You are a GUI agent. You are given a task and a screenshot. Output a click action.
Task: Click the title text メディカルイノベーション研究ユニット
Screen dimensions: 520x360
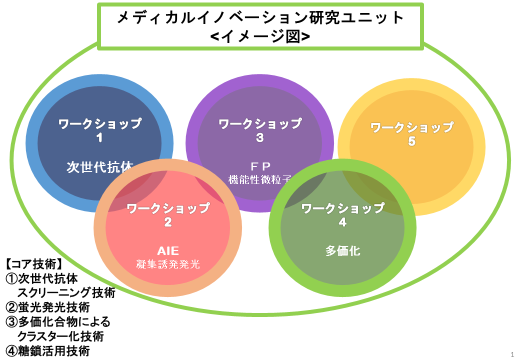click(x=260, y=17)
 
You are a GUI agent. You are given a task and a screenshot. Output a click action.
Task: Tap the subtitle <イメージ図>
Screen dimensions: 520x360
click(x=260, y=36)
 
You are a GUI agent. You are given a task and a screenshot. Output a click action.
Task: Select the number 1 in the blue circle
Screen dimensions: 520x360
click(x=99, y=137)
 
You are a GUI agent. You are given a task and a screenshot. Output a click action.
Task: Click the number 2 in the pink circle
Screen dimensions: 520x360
click(x=168, y=222)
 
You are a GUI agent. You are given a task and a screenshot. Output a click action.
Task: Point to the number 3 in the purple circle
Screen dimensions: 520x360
click(x=260, y=137)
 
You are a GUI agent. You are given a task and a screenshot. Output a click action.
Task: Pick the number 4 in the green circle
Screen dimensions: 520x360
click(x=342, y=222)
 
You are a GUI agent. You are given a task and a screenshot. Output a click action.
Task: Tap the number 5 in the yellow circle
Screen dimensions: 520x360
click(x=411, y=141)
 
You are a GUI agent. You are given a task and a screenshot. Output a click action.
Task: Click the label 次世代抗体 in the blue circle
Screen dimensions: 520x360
click(x=100, y=167)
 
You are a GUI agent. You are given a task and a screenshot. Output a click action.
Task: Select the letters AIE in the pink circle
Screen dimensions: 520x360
click(x=168, y=250)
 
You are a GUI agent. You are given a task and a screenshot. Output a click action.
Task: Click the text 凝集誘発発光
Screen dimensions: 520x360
click(x=168, y=264)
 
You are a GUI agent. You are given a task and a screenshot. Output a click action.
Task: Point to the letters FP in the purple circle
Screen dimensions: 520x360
click(x=260, y=165)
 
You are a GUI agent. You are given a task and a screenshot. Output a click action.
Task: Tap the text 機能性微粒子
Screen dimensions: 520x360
click(x=260, y=179)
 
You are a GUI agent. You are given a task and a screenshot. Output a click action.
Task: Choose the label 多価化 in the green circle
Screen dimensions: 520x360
click(x=342, y=250)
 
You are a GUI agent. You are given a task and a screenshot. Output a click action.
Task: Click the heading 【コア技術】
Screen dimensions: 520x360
click(x=33, y=264)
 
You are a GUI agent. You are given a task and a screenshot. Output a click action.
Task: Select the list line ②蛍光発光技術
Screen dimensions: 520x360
click(x=48, y=307)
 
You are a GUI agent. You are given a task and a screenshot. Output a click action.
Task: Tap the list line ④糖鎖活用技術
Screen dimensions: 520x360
click(x=48, y=350)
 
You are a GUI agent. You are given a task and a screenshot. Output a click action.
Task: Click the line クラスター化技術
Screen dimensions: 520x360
click(x=60, y=336)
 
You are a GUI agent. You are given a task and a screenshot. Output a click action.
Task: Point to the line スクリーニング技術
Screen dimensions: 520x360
click(x=66, y=292)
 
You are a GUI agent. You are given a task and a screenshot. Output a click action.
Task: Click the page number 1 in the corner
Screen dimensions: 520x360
click(x=512, y=354)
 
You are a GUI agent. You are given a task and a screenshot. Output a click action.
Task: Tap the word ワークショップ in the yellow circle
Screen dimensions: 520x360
click(x=412, y=127)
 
